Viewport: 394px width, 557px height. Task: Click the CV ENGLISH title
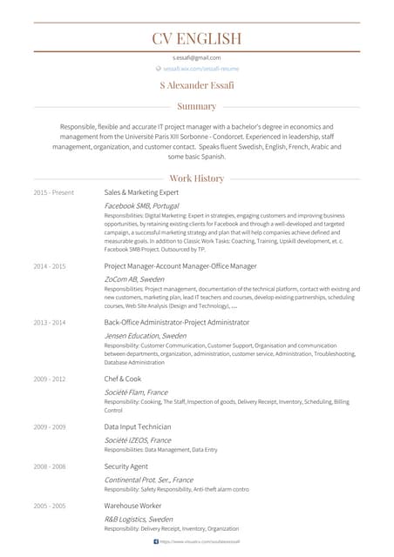[x=196, y=38]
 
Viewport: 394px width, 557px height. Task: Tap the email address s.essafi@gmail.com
[x=196, y=57]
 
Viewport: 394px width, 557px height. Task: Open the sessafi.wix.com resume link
[x=200, y=68]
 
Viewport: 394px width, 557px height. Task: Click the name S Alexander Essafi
[x=197, y=85]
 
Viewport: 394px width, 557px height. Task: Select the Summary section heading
[x=196, y=106]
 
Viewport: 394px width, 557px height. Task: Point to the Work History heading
[x=196, y=178]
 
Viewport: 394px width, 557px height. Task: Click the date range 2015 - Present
[x=54, y=192]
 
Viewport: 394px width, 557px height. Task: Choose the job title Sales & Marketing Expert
[x=141, y=192]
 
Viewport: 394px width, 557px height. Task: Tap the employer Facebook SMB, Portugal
[x=141, y=205]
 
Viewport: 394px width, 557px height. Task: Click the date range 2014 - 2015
[x=50, y=265]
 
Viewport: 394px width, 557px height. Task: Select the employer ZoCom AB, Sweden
[x=134, y=278]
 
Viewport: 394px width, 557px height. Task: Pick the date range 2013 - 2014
[x=50, y=322]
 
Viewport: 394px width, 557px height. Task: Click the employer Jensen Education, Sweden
[x=145, y=335]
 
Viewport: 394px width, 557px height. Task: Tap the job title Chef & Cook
[x=123, y=379]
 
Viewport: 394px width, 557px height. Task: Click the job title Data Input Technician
[x=138, y=427]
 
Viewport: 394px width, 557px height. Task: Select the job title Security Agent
[x=126, y=466]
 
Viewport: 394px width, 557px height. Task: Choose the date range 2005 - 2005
[x=50, y=506]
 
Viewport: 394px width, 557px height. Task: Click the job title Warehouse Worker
[x=132, y=506]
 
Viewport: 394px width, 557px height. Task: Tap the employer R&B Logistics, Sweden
[x=139, y=519]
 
